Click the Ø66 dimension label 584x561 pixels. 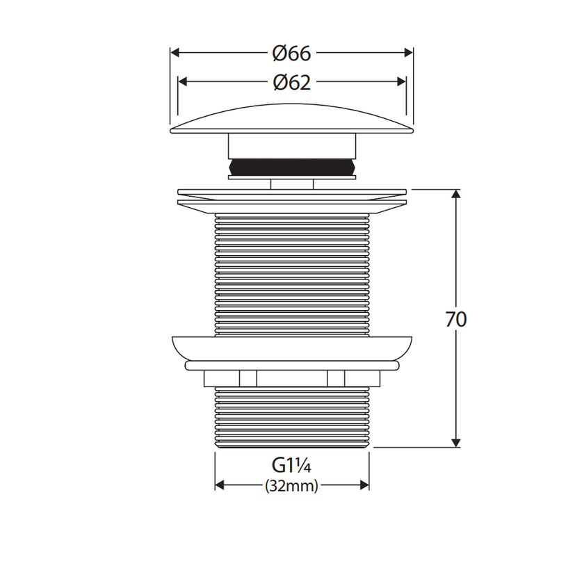click(x=291, y=54)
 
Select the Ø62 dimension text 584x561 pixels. click(x=291, y=82)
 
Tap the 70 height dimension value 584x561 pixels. click(x=456, y=319)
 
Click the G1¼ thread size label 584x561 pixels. click(x=291, y=465)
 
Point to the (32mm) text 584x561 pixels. click(x=291, y=486)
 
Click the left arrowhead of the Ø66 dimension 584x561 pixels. click(x=175, y=53)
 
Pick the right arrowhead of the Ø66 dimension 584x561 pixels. click(x=409, y=53)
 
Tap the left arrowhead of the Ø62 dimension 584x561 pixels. click(x=182, y=81)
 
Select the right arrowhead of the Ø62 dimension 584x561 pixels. click(x=402, y=81)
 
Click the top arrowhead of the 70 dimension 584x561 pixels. click(x=456, y=194)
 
